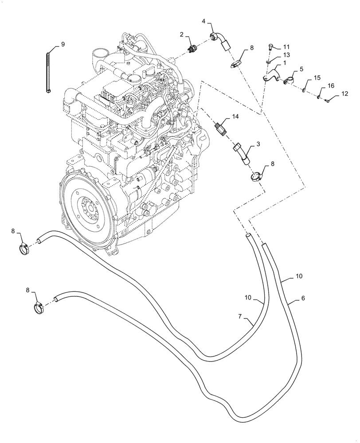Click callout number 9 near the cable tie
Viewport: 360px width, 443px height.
[63, 44]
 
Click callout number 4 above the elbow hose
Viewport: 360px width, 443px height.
[204, 21]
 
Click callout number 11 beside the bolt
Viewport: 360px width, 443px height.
[286, 47]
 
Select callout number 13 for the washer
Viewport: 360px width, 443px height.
[286, 54]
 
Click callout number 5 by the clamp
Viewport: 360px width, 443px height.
[301, 69]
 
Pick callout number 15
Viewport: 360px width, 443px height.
[317, 78]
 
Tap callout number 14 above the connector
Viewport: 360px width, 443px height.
[235, 117]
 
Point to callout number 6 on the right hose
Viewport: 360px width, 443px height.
[303, 299]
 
